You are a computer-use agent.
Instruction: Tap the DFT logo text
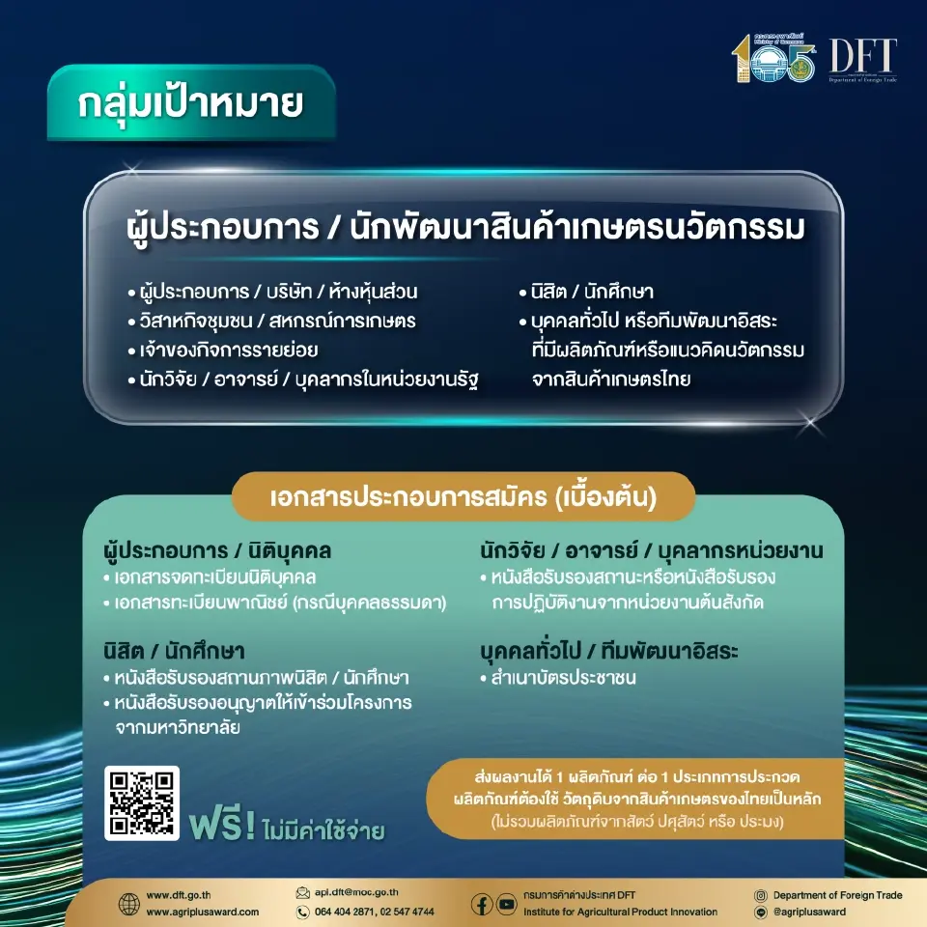click(862, 58)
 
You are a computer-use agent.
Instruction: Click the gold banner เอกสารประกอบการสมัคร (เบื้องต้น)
click(463, 498)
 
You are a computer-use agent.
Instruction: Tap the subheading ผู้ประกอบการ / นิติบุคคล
click(217, 552)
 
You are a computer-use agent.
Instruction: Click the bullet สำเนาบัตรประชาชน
click(563, 678)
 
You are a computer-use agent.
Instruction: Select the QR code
click(142, 803)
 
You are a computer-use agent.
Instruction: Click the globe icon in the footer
click(128, 904)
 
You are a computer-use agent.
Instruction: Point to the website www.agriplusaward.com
click(203, 913)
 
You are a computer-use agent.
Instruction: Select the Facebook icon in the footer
click(482, 904)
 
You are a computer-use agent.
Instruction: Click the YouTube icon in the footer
click(506, 904)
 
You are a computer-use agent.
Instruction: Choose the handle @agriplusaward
click(809, 913)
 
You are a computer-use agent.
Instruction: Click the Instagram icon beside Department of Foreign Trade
click(761, 895)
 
